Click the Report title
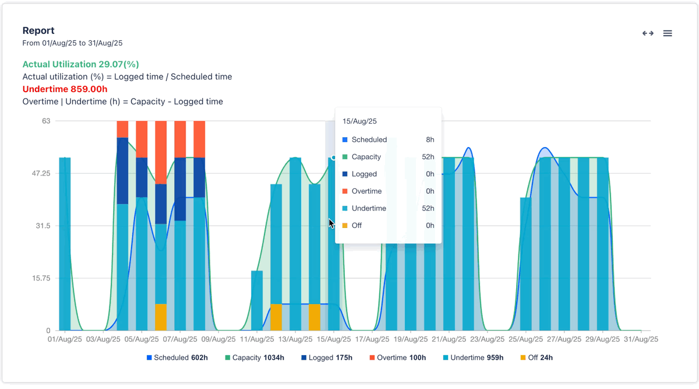(x=38, y=30)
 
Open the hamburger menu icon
(x=668, y=33)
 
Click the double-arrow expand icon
(x=648, y=33)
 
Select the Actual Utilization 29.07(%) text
(x=80, y=64)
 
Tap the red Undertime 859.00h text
(x=65, y=89)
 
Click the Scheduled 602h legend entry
(x=178, y=358)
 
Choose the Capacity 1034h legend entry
(x=255, y=358)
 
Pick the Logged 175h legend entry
(x=327, y=358)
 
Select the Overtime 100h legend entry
(x=398, y=358)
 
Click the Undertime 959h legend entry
(x=473, y=358)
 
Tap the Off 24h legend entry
(x=536, y=358)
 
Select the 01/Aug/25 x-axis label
(x=65, y=339)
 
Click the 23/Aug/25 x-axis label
(x=488, y=339)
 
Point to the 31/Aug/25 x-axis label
(x=641, y=339)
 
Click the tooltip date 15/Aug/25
(x=359, y=121)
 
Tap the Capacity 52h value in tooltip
(x=428, y=157)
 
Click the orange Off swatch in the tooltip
(x=345, y=226)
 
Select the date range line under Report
(x=72, y=43)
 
